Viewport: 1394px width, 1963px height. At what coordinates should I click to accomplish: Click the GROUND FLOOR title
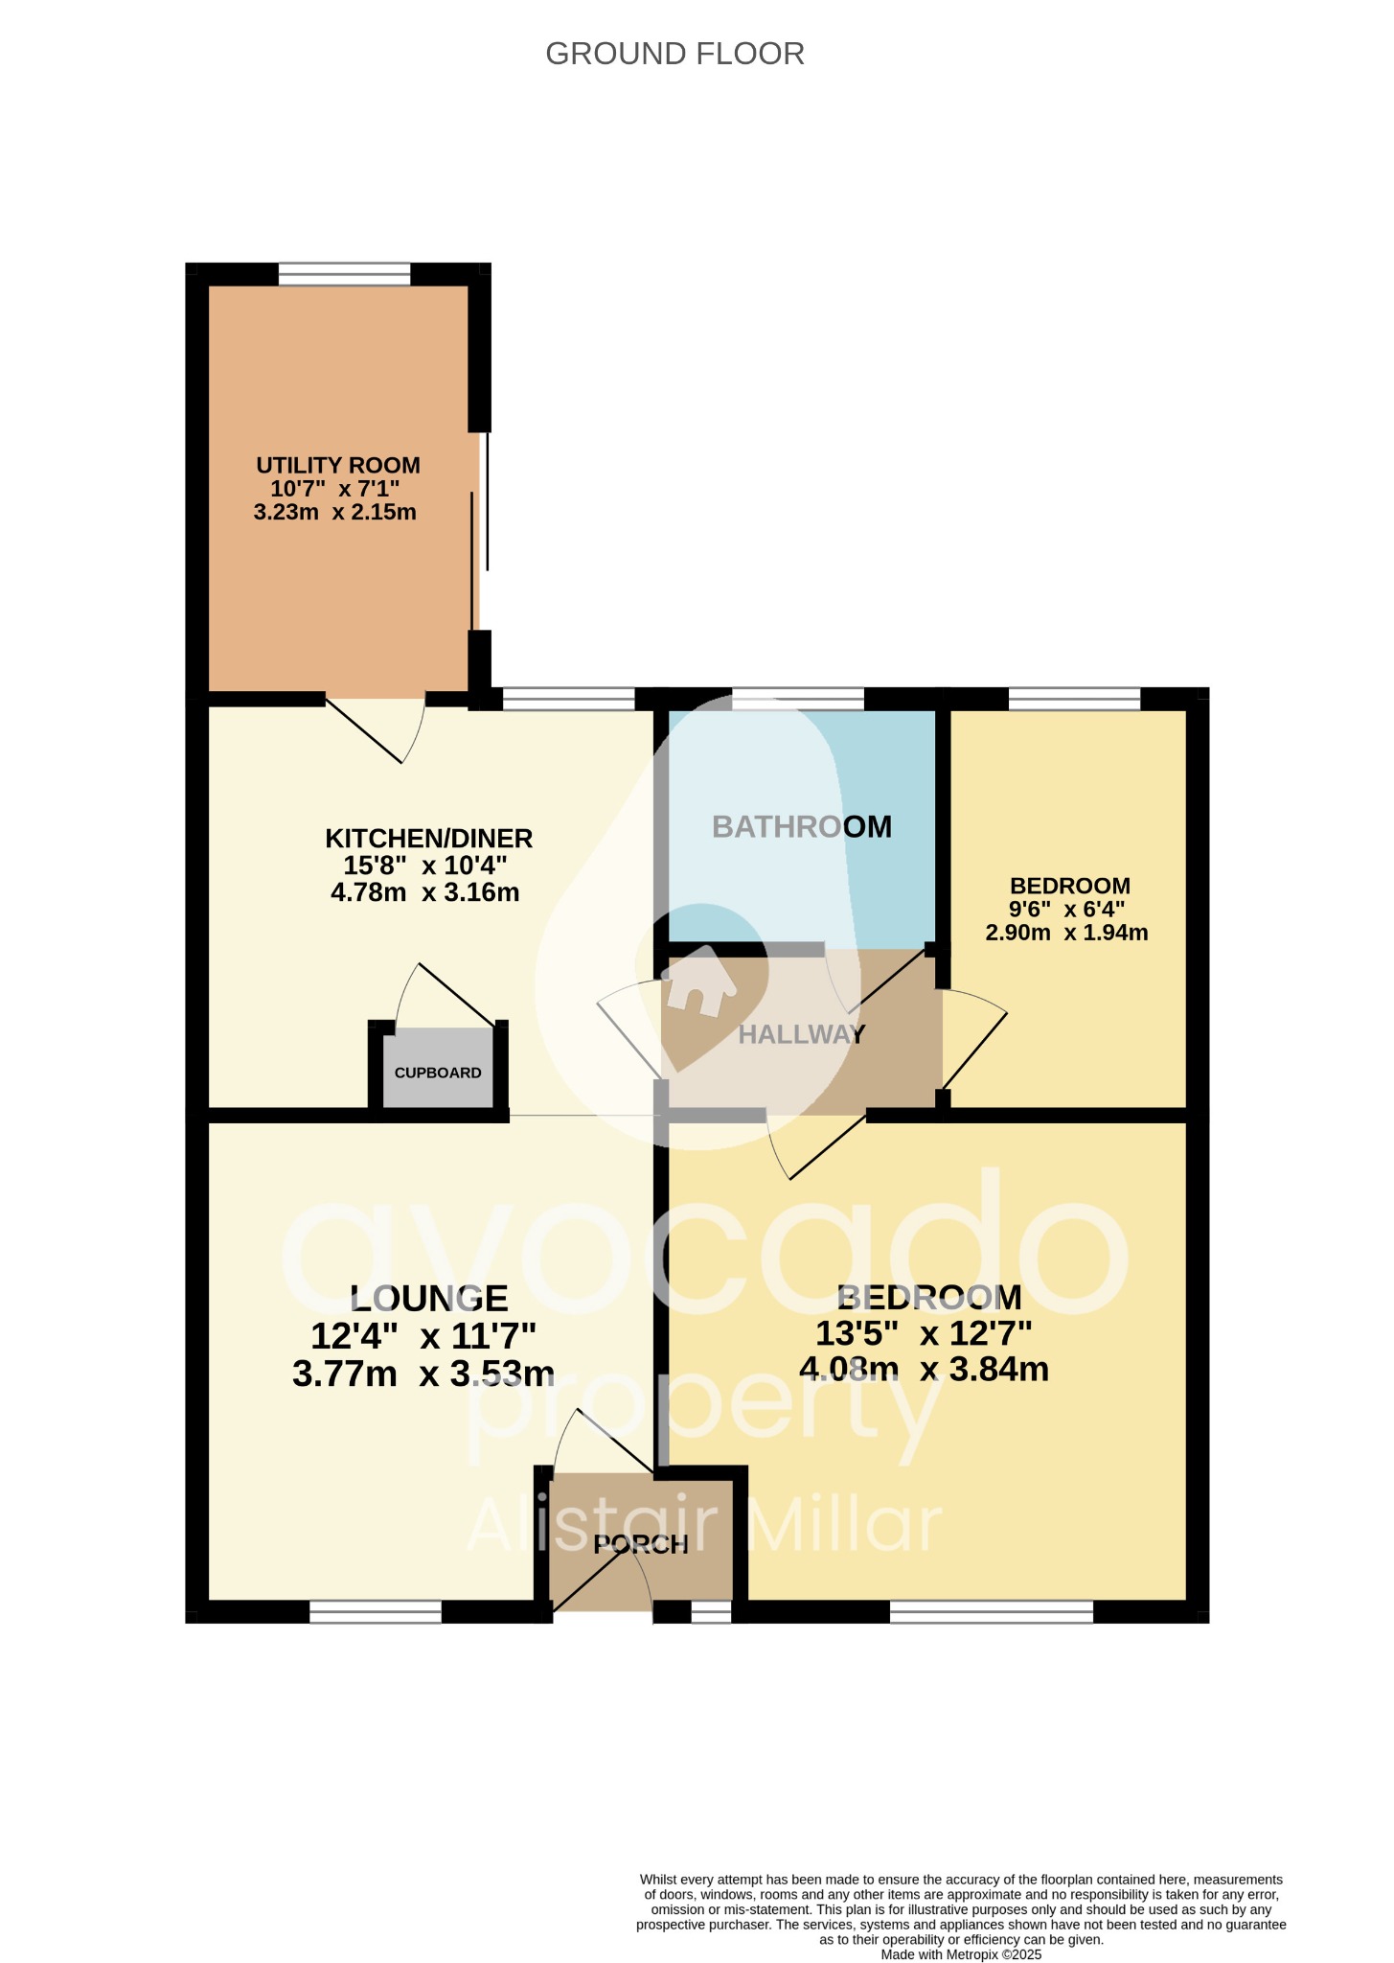coord(674,54)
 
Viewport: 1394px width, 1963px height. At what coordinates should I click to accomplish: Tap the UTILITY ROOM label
coord(338,466)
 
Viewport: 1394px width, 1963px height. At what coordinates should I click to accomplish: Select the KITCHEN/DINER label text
coord(428,839)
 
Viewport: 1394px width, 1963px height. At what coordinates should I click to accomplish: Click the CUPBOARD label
coord(438,1073)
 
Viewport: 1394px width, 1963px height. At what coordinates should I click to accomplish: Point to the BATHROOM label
coord(802,826)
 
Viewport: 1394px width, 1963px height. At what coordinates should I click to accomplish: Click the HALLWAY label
coord(801,1034)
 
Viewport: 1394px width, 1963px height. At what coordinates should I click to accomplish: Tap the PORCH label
coord(640,1544)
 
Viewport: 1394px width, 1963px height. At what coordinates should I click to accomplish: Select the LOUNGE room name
coord(428,1299)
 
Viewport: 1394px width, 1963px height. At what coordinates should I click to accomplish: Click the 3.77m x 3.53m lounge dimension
coord(423,1374)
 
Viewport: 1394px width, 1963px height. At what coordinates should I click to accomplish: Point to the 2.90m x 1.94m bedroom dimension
coord(1066,933)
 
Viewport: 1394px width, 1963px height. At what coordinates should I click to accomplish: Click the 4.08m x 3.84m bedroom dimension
coord(924,1369)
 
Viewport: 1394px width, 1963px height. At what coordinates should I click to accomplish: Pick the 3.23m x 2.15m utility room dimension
coord(335,512)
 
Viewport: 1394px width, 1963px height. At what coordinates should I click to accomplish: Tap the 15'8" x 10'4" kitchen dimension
coord(425,866)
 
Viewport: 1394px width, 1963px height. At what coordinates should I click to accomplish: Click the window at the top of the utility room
coord(345,274)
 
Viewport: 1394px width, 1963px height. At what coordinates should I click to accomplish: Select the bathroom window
coord(798,699)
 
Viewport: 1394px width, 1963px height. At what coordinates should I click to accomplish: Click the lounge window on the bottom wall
coord(376,1612)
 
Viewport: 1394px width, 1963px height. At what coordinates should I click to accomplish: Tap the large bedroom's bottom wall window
coord(992,1612)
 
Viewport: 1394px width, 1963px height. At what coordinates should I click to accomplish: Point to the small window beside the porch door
coord(711,1612)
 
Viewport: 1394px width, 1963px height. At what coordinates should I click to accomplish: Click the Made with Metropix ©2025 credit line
coord(961,1954)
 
